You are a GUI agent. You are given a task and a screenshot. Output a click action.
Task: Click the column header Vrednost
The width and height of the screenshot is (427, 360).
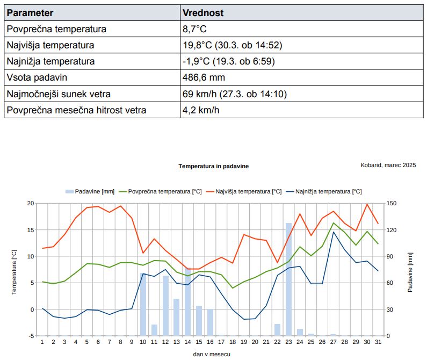coord(203,13)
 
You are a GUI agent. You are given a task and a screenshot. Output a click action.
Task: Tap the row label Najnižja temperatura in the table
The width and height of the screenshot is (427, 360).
coord(50,61)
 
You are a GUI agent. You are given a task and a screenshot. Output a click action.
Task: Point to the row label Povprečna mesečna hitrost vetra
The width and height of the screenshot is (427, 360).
coord(76,110)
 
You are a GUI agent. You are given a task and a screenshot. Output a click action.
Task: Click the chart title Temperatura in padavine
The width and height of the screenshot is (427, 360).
coord(214,166)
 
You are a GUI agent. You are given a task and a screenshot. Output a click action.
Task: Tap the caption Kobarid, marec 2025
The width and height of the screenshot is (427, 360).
coord(388,165)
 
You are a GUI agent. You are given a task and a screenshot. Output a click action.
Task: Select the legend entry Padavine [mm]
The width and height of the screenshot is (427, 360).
coord(90,192)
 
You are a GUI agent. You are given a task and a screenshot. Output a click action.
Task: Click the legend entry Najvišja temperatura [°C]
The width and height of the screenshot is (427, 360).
coord(244,192)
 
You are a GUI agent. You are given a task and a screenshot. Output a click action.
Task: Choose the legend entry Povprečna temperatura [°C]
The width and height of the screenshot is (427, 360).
coord(161,192)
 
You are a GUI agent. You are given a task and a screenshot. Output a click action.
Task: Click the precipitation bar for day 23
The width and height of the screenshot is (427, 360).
coord(288,279)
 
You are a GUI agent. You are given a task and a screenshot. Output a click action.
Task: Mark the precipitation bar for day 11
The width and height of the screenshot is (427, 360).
coord(154,330)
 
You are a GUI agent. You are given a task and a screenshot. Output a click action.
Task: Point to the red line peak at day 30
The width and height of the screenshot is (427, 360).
coord(367,204)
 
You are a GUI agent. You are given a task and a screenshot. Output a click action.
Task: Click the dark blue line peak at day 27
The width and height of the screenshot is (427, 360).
coord(334,232)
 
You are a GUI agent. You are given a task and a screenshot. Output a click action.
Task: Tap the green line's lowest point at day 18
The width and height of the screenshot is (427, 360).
coord(233,288)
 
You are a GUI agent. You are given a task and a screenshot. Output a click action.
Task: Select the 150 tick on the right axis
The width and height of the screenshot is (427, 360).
coord(392,203)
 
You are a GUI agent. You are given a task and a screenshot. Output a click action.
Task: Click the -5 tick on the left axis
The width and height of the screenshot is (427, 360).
coord(31,336)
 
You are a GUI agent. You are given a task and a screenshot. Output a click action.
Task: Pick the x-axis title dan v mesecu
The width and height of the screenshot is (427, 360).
coord(212,354)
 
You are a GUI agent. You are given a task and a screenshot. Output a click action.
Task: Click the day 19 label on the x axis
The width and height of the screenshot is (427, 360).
coord(244,342)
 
